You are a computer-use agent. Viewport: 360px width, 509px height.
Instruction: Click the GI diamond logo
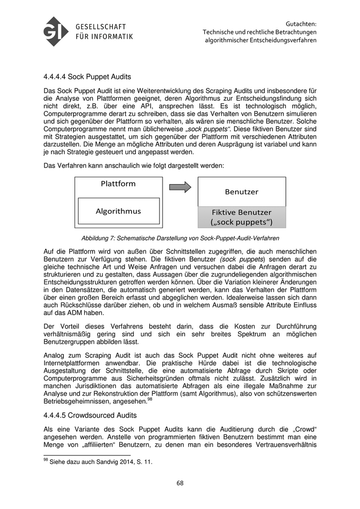click(56, 31)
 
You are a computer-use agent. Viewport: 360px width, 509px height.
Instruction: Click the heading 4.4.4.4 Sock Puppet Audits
click(87, 77)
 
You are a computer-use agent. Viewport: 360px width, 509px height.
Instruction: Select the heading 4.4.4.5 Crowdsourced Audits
click(91, 415)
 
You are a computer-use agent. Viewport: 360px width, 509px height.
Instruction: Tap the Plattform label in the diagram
click(118, 184)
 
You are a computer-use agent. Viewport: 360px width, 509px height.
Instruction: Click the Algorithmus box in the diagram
click(118, 211)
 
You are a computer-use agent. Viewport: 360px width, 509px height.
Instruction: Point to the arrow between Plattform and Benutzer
click(180, 187)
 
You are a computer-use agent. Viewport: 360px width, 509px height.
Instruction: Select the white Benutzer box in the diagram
click(242, 192)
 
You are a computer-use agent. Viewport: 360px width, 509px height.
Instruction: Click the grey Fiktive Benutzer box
click(242, 217)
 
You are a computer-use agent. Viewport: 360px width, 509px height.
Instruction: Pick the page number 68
click(180, 483)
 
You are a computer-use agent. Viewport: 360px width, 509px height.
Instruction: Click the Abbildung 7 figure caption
click(180, 238)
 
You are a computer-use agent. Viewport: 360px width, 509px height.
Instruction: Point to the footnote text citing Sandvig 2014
click(98, 462)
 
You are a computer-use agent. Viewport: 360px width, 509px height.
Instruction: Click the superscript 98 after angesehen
click(150, 399)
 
